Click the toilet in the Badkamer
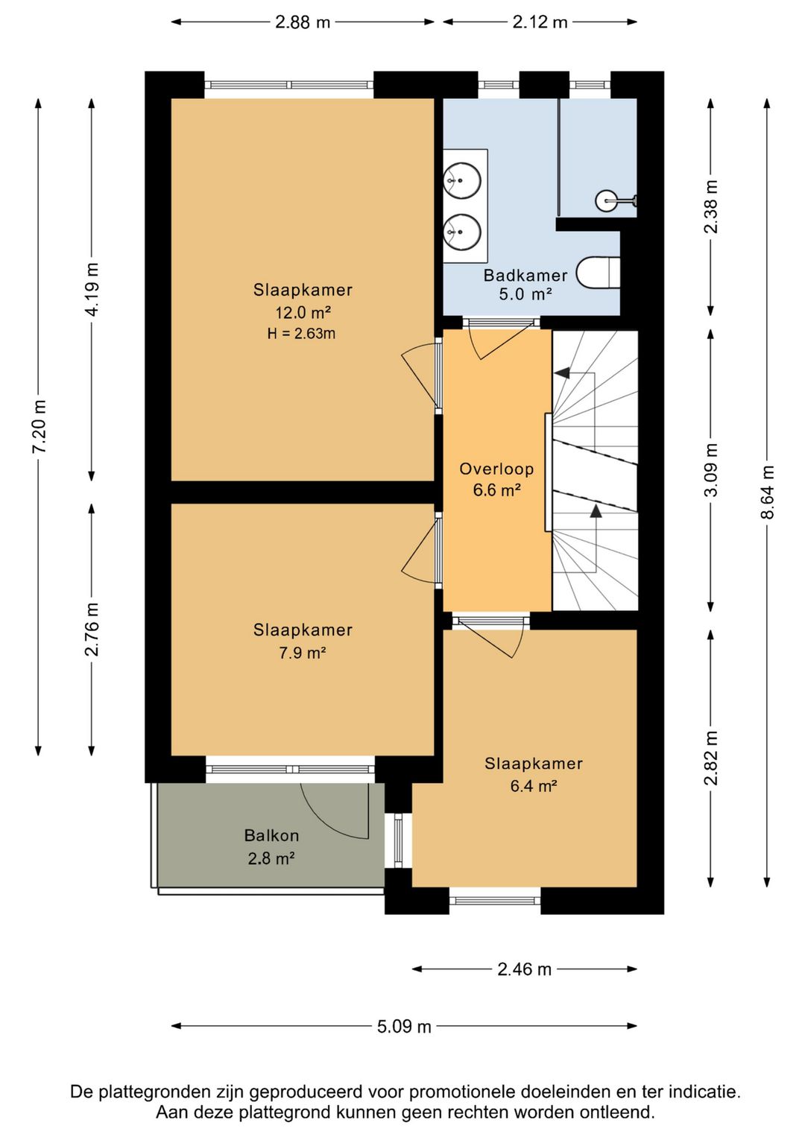[599, 271]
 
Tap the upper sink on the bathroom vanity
[461, 179]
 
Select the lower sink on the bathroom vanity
[461, 231]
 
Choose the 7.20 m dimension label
[39, 426]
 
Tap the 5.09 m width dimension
[404, 1026]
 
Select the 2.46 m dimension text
[524, 969]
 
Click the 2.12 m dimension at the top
[540, 22]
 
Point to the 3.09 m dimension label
[711, 469]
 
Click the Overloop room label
[496, 469]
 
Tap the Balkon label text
[271, 835]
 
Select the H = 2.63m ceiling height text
[301, 334]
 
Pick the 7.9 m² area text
[302, 652]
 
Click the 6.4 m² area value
[533, 786]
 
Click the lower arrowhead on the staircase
[596, 510]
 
